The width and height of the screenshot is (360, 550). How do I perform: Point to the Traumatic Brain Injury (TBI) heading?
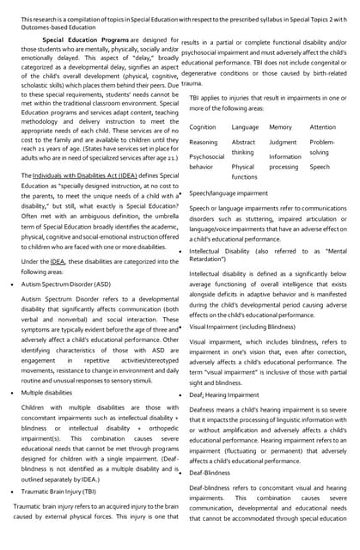pos(58,492)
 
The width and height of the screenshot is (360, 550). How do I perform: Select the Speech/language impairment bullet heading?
pos(228,194)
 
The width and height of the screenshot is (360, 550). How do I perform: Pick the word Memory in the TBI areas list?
pos(280,127)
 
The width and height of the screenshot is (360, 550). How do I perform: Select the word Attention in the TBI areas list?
pos(323,127)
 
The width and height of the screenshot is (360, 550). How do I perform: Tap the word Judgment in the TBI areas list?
pos(283,143)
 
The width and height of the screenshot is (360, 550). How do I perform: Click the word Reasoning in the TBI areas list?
pos(204,143)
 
